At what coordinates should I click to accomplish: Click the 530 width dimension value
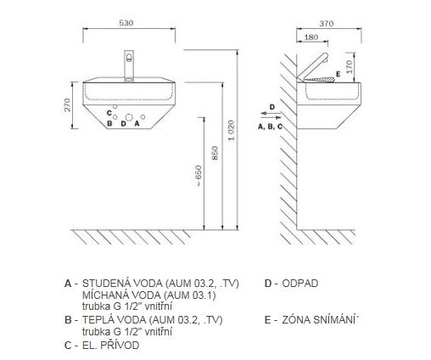point(126,23)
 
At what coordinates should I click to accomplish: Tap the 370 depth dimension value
point(327,24)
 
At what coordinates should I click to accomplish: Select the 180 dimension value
point(311,37)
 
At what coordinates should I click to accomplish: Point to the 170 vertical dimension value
point(350,67)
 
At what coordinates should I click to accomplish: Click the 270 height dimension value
point(68,104)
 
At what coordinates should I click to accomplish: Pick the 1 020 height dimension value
point(232,131)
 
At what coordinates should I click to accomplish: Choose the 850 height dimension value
point(215,153)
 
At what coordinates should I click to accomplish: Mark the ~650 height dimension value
point(199,176)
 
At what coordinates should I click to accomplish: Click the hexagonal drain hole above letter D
point(129,117)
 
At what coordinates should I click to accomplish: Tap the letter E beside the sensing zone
point(339,74)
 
